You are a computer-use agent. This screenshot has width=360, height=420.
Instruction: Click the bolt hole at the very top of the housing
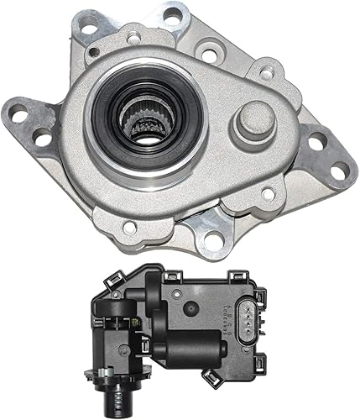pyautogui.click(x=175, y=14)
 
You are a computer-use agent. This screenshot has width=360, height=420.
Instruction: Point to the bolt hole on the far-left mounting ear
pyautogui.click(x=18, y=116)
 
